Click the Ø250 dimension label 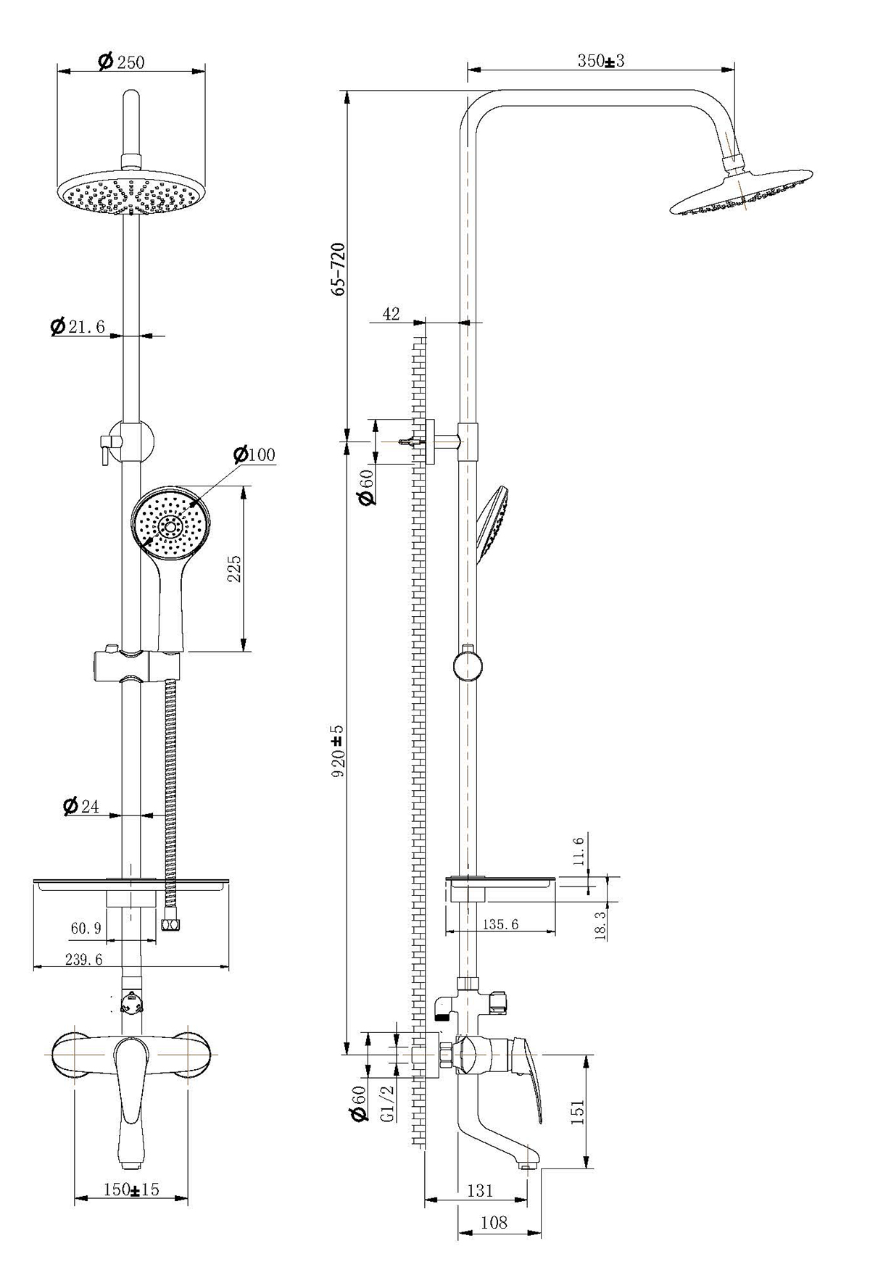pyautogui.click(x=122, y=62)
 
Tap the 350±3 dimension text pyautogui.click(x=600, y=61)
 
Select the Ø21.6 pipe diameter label pyautogui.click(x=78, y=327)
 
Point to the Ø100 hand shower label pyautogui.click(x=254, y=454)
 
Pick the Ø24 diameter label pyautogui.click(x=81, y=806)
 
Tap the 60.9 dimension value pyautogui.click(x=86, y=928)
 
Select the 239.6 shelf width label pyautogui.click(x=84, y=959)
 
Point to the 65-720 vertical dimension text pyautogui.click(x=338, y=268)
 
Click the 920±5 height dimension pyautogui.click(x=338, y=750)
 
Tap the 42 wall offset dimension pyautogui.click(x=391, y=314)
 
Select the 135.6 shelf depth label pyautogui.click(x=500, y=924)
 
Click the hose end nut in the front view pyautogui.click(x=171, y=925)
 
